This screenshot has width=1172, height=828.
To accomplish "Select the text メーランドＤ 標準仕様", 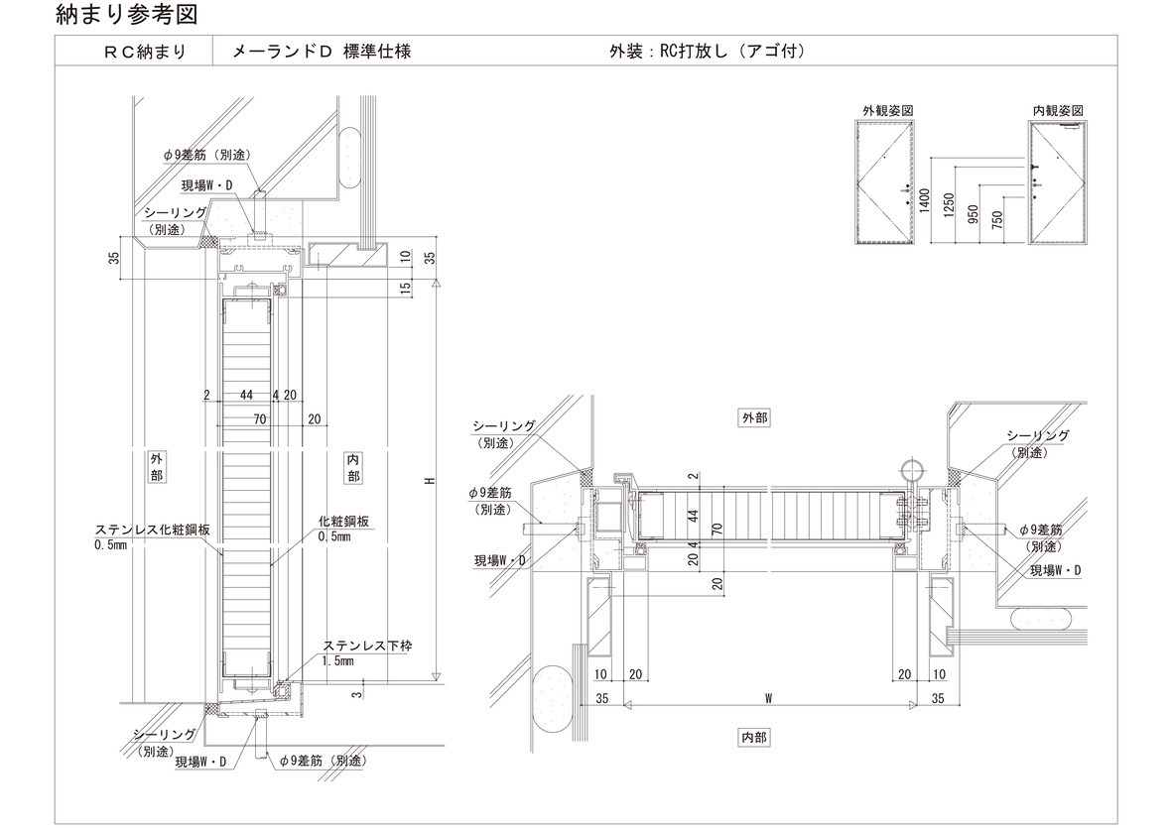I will (x=321, y=51).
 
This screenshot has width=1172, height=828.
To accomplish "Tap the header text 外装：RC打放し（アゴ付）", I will (x=706, y=51).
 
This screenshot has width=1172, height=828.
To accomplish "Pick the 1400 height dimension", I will (x=924, y=201).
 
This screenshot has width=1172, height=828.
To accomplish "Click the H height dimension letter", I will (x=429, y=481).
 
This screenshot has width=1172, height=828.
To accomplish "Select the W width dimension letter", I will (x=769, y=698).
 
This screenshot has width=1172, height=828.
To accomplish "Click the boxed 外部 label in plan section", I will (x=754, y=418).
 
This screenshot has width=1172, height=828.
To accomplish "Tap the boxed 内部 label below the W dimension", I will (x=754, y=737).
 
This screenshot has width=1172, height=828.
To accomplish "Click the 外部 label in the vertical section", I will (x=158, y=467).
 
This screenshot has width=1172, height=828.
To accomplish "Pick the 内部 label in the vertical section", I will (x=354, y=467).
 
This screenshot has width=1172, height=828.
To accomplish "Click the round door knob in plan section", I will (x=910, y=470).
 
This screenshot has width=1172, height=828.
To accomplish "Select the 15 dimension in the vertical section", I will (x=406, y=289).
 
